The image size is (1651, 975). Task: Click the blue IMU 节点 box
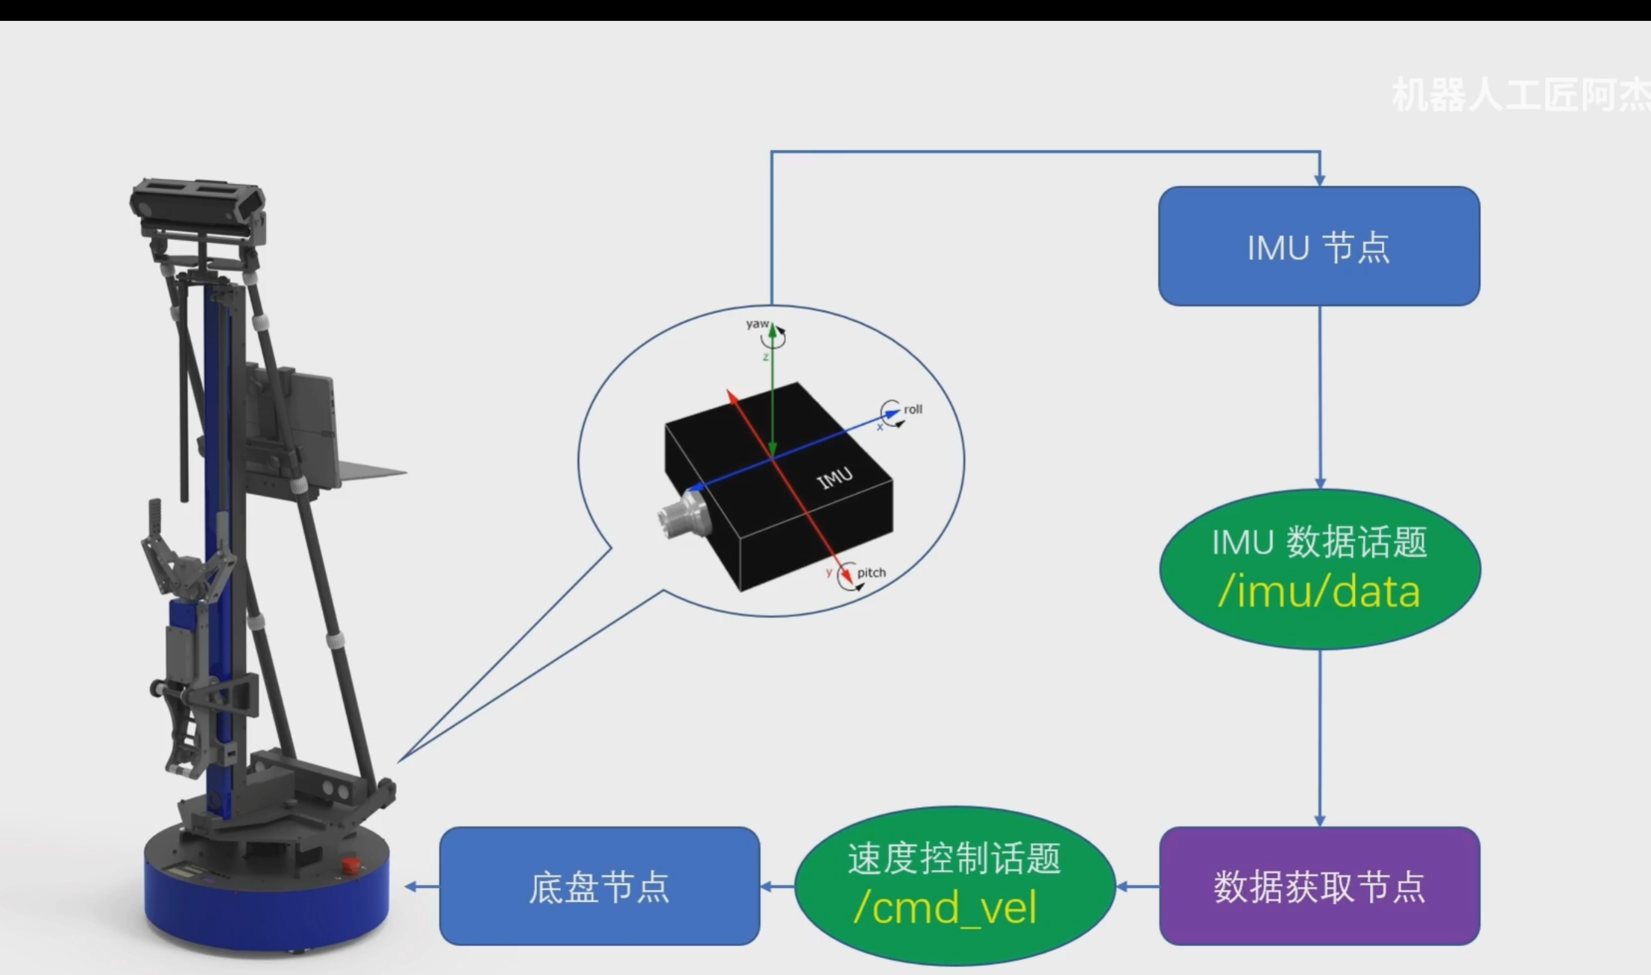click(x=1318, y=246)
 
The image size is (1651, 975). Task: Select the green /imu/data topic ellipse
click(x=1319, y=569)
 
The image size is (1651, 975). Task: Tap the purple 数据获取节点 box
click(x=1318, y=886)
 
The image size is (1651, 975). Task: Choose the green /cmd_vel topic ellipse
click(x=954, y=886)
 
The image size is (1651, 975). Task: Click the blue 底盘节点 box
click(x=599, y=886)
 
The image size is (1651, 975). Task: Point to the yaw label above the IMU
click(x=757, y=324)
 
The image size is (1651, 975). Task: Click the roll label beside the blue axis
click(x=913, y=409)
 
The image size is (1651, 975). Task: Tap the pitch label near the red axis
click(x=871, y=572)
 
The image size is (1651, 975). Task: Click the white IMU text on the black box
click(x=835, y=478)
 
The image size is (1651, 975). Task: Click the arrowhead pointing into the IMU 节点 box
click(x=1319, y=180)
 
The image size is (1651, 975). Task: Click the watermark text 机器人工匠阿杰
click(x=1521, y=95)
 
